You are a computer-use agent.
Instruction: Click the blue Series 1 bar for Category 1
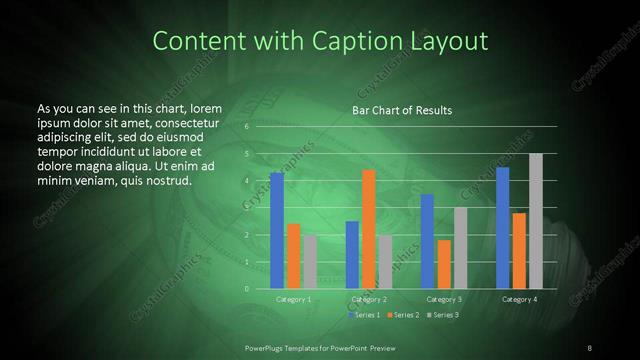click(277, 231)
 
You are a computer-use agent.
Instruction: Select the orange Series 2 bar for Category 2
click(369, 229)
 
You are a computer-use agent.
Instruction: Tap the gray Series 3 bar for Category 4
click(536, 221)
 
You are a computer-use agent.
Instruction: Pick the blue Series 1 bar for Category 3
click(427, 241)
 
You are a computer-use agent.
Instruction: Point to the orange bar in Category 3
click(444, 264)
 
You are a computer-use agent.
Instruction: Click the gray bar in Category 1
click(310, 262)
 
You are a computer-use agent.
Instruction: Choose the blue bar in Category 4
click(503, 228)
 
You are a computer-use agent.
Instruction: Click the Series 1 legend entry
click(364, 315)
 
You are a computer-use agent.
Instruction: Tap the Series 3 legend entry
click(443, 315)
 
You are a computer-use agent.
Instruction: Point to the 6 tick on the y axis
click(247, 127)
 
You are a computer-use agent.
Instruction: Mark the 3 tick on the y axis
click(247, 208)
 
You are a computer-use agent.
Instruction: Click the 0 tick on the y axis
click(247, 289)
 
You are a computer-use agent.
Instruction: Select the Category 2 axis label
click(369, 300)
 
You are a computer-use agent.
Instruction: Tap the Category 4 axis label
click(519, 300)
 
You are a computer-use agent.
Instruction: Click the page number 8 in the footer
click(589, 347)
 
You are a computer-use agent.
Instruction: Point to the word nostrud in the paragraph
click(168, 181)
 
